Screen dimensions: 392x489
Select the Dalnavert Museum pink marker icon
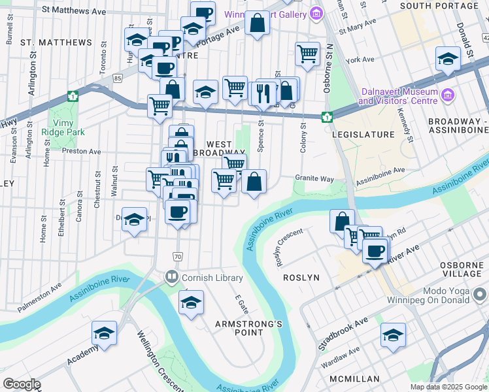pos(448,95)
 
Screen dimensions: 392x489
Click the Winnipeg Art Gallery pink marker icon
pos(316,13)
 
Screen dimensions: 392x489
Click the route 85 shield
pos(118,78)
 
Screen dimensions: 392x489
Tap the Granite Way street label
pos(314,178)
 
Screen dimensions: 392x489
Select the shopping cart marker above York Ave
pos(307,54)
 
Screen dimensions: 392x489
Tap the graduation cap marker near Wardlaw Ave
pos(393,336)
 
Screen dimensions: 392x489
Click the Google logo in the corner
pos(22,384)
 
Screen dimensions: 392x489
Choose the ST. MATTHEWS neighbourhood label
pos(56,42)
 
